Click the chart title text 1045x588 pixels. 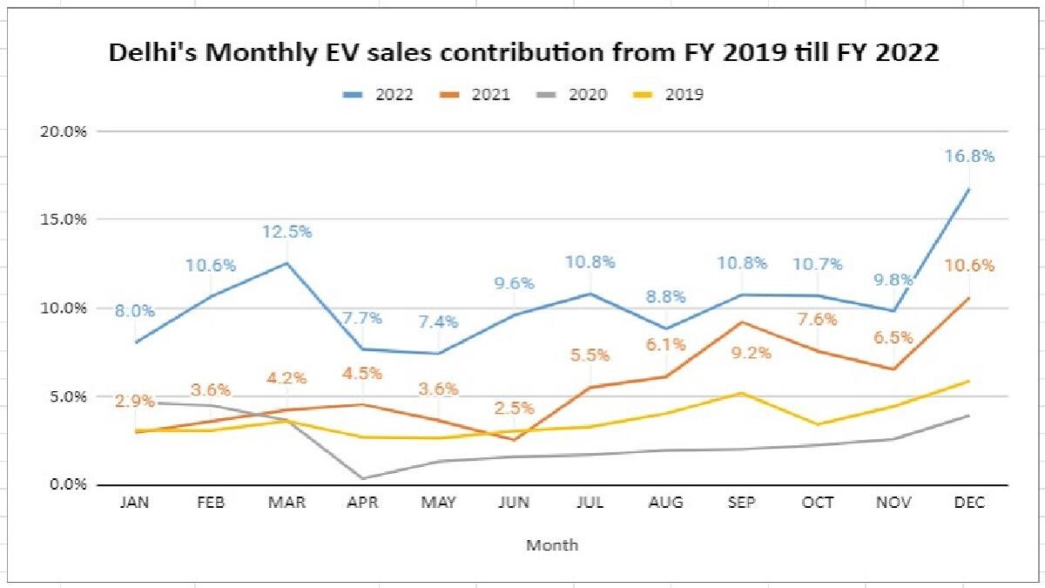[523, 53]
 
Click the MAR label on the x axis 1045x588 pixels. [287, 503]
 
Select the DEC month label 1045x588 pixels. [967, 503]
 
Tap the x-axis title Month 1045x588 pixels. [552, 545]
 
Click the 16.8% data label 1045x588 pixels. [970, 157]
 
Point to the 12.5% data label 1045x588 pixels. [288, 232]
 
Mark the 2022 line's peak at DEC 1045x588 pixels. [968, 188]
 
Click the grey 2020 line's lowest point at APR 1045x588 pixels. [362, 477]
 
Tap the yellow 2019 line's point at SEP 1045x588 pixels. [742, 393]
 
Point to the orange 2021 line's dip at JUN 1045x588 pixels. [516, 439]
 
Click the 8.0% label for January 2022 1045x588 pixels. [134, 311]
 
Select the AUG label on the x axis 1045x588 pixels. [665, 503]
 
